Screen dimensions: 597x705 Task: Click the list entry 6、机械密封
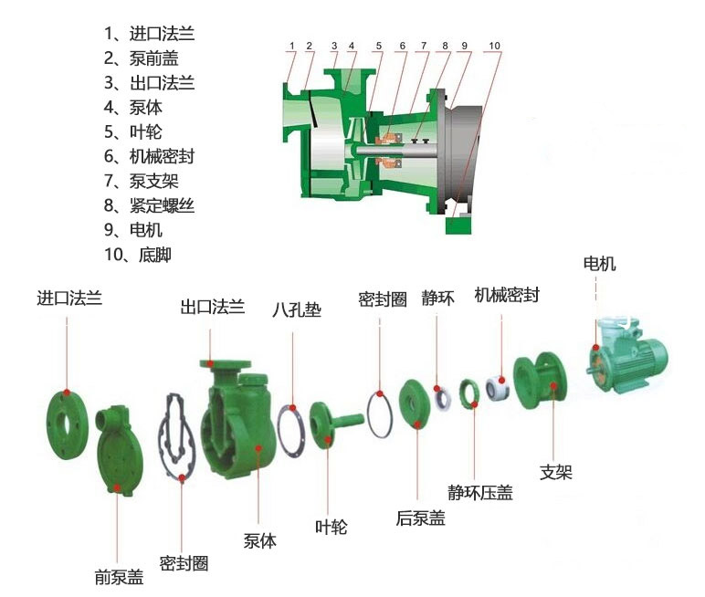pyautogui.click(x=149, y=156)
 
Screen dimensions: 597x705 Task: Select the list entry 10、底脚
pyautogui.click(x=138, y=255)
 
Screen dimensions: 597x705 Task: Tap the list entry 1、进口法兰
pyautogui.click(x=149, y=34)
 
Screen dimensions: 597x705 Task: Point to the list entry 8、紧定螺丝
pyautogui.click(x=149, y=205)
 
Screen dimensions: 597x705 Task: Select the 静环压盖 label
pyautogui.click(x=479, y=493)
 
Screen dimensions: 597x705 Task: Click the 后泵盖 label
pyautogui.click(x=420, y=518)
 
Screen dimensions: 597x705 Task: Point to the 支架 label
pyautogui.click(x=555, y=472)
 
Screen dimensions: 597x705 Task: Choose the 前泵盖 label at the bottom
pyautogui.click(x=119, y=577)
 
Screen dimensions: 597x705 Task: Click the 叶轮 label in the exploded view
pyautogui.click(x=331, y=527)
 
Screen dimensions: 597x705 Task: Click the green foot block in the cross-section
pyautogui.click(x=457, y=224)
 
